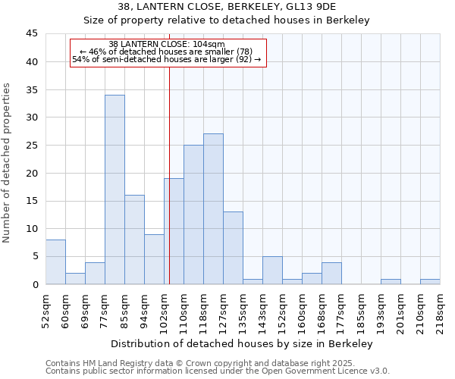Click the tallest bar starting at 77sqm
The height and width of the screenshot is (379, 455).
pyautogui.click(x=115, y=189)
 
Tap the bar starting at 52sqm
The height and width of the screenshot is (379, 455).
pyautogui.click(x=55, y=262)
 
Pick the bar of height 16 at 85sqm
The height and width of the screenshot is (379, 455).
pyautogui.click(x=134, y=240)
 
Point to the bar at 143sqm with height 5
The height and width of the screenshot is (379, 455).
pyautogui.click(x=272, y=271)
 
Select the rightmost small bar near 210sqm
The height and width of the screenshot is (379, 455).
pyautogui.click(x=430, y=281)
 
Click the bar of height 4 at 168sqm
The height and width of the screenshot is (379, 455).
pyautogui.click(x=331, y=273)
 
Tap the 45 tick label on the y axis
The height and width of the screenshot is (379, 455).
pyautogui.click(x=32, y=34)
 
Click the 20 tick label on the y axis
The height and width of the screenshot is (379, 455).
pyautogui.click(x=32, y=173)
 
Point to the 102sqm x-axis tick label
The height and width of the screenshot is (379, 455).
pyautogui.click(x=164, y=308)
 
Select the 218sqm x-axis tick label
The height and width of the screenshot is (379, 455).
pyautogui.click(x=440, y=308)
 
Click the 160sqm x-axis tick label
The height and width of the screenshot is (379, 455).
pyautogui.click(x=302, y=308)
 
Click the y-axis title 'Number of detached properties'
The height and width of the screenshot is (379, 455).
pyautogui.click(x=8, y=163)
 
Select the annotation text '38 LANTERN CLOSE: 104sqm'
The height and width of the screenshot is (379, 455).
pyautogui.click(x=167, y=44)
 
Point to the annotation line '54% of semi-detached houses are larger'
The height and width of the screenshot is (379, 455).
pyautogui.click(x=167, y=59)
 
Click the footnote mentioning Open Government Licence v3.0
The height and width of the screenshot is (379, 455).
pyautogui.click(x=218, y=371)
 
